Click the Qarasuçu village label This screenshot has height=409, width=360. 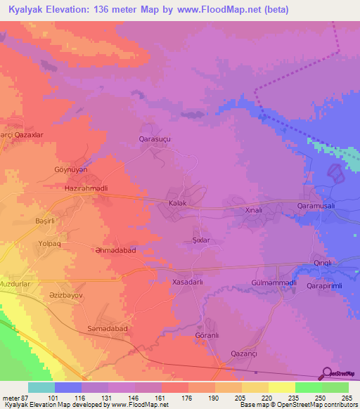(155, 140)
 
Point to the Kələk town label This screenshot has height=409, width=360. (178, 203)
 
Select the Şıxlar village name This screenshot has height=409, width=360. (202, 240)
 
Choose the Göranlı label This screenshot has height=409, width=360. (207, 336)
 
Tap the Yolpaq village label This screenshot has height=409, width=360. (50, 244)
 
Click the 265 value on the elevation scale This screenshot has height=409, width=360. (346, 398)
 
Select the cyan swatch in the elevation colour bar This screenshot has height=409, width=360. (41, 387)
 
